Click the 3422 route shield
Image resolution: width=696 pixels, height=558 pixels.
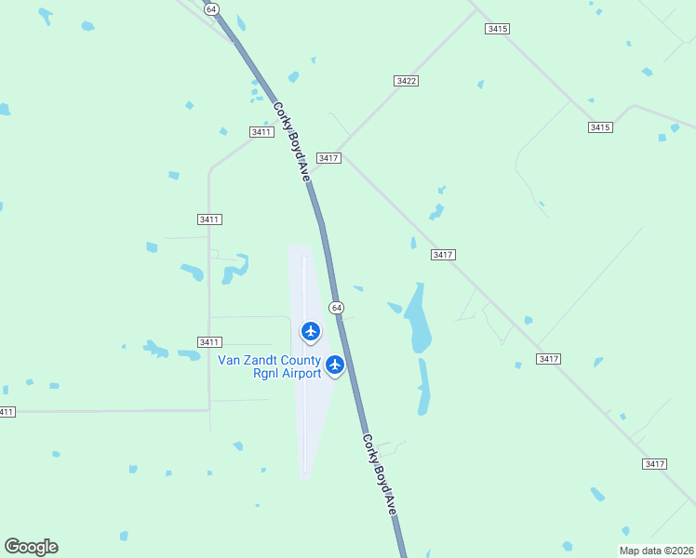pos(406,81)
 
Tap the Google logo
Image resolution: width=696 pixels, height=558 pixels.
pos(31,547)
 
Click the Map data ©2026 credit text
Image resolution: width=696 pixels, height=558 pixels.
pos(656,551)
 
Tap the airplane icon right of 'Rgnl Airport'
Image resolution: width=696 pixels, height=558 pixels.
pos(335,365)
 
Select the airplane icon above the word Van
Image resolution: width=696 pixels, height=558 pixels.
pos(311,331)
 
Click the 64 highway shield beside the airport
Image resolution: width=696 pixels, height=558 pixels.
pos(336,307)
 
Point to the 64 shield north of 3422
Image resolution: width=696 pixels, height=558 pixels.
pos(212,7)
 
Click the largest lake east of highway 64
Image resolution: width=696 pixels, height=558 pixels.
pos(418,319)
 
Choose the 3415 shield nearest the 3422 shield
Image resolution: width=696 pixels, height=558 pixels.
pos(498,29)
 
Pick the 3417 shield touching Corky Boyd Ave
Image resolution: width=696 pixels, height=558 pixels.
pos(328,158)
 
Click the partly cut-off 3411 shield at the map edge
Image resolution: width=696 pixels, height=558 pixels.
pos(7,412)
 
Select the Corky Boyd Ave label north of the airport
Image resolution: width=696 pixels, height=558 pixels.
pos(291,139)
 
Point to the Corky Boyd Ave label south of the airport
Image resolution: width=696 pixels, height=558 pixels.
pos(380,474)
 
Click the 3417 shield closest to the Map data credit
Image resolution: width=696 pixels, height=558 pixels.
pos(655,463)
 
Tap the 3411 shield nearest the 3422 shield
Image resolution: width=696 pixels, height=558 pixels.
pos(261,132)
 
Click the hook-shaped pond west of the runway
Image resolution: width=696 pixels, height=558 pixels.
pos(234,268)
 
